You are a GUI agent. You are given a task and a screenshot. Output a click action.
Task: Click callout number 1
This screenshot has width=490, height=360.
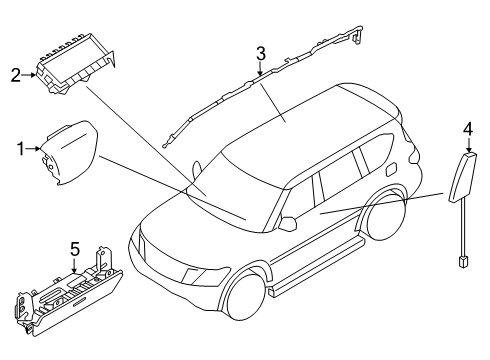pos(21,149)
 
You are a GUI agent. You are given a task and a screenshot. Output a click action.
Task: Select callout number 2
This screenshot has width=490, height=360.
pos(16,75)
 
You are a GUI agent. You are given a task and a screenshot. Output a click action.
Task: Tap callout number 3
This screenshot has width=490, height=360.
pos(261,54)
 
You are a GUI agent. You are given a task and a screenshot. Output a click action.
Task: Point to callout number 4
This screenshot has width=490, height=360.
pos(468,129)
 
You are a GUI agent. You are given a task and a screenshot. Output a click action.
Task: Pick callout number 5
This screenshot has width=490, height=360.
pos(75,249)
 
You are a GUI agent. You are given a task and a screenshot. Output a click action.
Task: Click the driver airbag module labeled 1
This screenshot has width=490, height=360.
pos(69,152)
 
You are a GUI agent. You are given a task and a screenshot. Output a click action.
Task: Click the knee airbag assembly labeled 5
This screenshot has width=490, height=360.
pos(68,293)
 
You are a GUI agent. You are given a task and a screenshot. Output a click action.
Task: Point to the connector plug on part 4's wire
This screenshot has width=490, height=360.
pos(463,261)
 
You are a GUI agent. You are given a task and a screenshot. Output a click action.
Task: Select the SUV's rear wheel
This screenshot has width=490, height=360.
pos(387,216)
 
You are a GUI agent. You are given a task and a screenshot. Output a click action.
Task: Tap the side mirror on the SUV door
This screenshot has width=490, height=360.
pos(288,223)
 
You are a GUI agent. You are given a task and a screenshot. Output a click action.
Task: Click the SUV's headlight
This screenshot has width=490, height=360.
pos(206,275)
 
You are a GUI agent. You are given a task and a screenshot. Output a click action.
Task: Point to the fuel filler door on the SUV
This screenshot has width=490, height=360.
pos(390,169)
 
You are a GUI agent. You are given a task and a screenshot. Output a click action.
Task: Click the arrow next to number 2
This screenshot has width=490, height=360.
pos(29,75)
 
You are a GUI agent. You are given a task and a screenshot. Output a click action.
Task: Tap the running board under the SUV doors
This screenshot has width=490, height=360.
pos(317,267)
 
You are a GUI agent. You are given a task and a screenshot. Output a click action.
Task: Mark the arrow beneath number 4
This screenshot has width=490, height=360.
pos(469,145)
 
